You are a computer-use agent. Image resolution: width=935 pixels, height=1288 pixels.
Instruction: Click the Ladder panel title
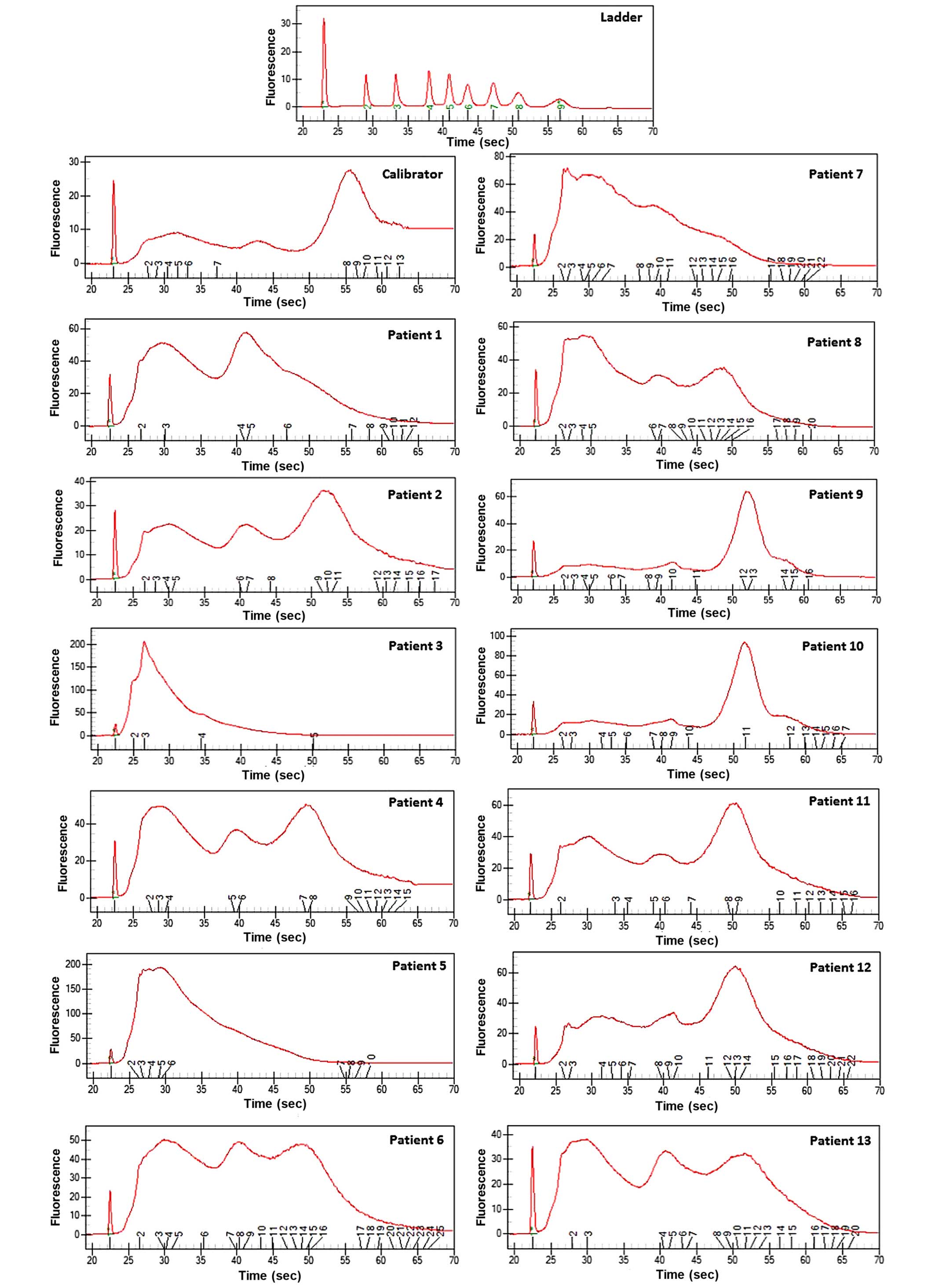click(621, 17)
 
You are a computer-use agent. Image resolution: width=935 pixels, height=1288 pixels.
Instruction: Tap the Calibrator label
click(412, 174)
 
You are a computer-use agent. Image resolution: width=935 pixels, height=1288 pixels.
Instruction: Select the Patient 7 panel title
click(836, 174)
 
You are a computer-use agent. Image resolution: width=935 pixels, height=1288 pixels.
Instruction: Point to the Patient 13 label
click(840, 1140)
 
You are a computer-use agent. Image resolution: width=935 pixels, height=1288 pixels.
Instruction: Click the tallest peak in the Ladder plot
click(324, 19)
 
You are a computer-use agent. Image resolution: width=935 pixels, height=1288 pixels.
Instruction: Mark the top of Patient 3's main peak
click(144, 642)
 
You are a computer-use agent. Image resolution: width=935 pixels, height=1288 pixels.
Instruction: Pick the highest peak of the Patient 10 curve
click(744, 643)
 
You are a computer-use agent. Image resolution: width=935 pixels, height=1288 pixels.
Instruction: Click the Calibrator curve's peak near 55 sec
click(350, 170)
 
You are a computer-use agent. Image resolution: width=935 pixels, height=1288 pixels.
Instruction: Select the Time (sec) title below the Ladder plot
click(478, 142)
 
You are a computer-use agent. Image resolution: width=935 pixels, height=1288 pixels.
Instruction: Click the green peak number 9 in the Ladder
click(560, 106)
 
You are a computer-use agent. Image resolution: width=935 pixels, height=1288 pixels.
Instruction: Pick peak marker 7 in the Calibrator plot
click(217, 263)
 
